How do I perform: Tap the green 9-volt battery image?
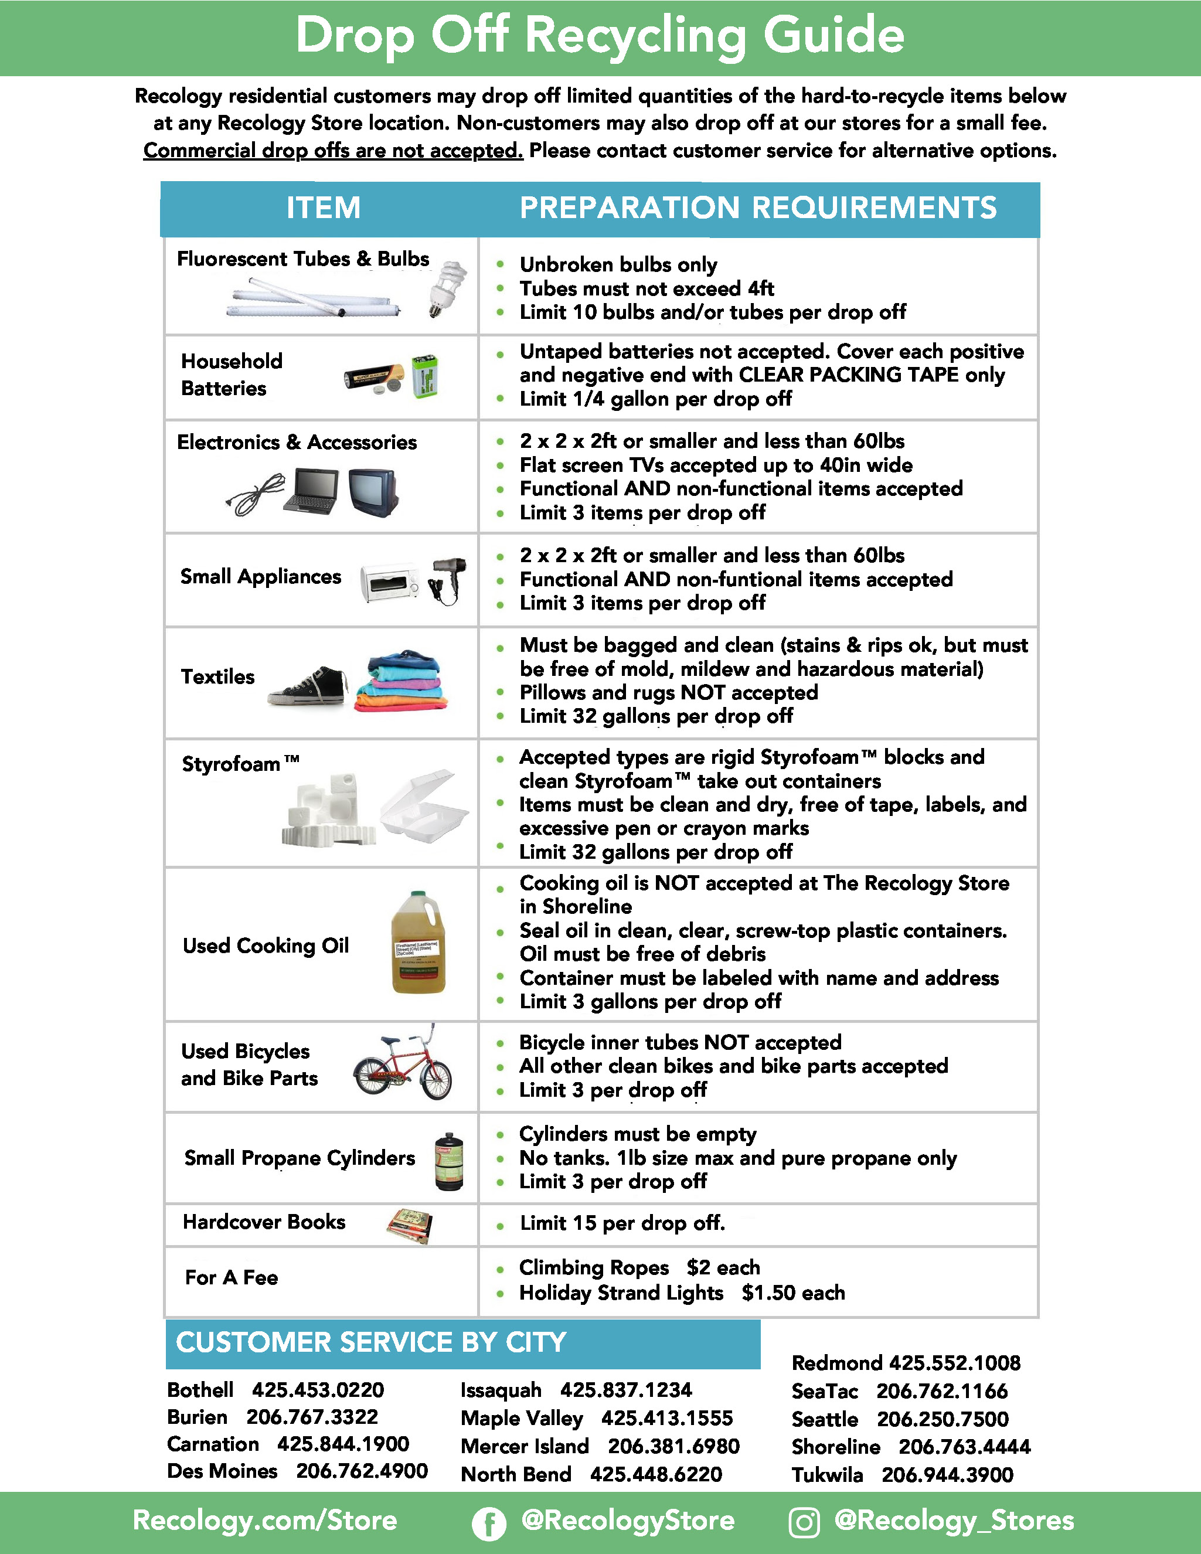pos(425,376)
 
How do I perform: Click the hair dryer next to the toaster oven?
pos(448,579)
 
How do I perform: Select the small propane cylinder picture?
pos(449,1161)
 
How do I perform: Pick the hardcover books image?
pos(410,1225)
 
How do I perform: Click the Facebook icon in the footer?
pos(489,1524)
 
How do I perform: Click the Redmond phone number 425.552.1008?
pos(955,1362)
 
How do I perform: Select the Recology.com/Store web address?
pos(265,1521)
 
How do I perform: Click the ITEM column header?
pos(323,208)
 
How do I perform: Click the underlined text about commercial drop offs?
pos(333,151)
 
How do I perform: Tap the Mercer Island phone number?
pos(673,1446)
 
